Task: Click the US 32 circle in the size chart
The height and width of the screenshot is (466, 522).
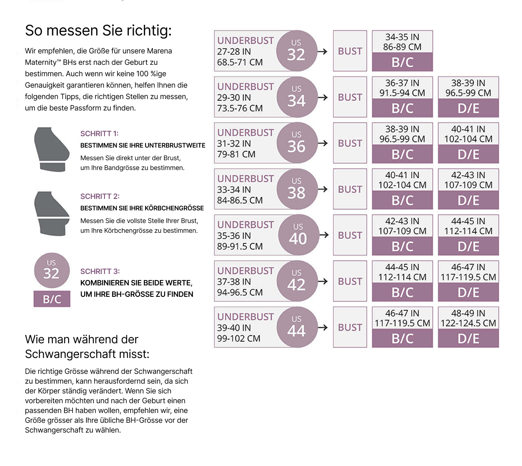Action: click(x=296, y=51)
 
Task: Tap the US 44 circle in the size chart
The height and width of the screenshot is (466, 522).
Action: click(x=296, y=327)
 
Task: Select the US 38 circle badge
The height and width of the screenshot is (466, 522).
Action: click(x=296, y=189)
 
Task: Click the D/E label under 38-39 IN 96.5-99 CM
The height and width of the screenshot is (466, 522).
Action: click(x=468, y=108)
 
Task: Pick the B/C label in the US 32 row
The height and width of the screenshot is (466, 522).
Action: click(x=402, y=62)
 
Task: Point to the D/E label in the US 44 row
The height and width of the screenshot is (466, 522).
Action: click(x=468, y=339)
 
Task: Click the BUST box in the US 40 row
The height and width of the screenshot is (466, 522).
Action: click(x=350, y=235)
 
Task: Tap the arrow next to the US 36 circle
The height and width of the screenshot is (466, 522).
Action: click(x=323, y=144)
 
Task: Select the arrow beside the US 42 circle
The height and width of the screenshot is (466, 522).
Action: click(x=323, y=282)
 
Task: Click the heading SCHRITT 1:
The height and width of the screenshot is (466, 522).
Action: click(x=100, y=134)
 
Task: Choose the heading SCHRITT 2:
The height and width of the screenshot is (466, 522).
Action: click(x=100, y=197)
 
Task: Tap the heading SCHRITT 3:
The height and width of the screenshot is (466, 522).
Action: click(x=100, y=272)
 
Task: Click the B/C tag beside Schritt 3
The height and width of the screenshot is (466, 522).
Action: click(x=52, y=299)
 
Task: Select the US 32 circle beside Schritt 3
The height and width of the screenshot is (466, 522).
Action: click(x=51, y=269)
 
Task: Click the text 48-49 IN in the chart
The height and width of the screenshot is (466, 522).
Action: click(x=468, y=313)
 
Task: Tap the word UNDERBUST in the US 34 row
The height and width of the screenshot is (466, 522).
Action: click(x=246, y=87)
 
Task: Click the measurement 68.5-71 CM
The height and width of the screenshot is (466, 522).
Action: click(x=240, y=62)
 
